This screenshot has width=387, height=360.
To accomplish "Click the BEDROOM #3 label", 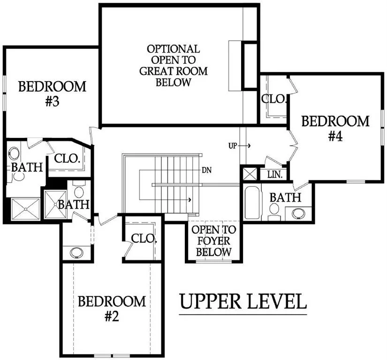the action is (x=53, y=94).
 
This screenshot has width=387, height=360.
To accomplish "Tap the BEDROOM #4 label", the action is (x=335, y=128).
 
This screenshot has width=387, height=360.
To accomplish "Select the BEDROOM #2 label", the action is (x=112, y=308).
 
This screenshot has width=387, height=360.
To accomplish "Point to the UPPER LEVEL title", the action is (x=243, y=301).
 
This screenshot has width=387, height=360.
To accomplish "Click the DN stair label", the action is (x=206, y=170).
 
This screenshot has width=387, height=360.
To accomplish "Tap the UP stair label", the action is (x=233, y=146).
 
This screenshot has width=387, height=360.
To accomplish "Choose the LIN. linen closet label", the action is (x=275, y=174).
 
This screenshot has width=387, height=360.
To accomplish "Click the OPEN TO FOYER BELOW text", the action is (x=214, y=241).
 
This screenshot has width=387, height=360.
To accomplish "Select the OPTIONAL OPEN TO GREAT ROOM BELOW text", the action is (x=174, y=66).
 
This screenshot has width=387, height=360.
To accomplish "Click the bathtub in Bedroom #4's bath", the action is (x=252, y=202).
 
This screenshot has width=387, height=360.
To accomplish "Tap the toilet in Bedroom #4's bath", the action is (x=274, y=212).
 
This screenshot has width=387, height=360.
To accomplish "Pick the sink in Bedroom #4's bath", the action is (x=298, y=213).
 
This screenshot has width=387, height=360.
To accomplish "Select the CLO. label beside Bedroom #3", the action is (x=67, y=158).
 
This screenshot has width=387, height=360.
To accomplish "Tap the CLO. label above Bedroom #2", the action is (x=144, y=239).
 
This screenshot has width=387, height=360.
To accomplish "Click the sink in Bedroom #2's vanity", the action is (x=76, y=253).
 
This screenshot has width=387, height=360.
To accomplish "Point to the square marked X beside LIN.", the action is (x=250, y=174).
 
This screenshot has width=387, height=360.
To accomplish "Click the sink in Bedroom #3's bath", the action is (x=14, y=153).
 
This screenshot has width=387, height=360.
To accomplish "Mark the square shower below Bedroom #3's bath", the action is (x=26, y=209).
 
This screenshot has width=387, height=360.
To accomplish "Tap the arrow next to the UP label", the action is (x=244, y=146).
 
